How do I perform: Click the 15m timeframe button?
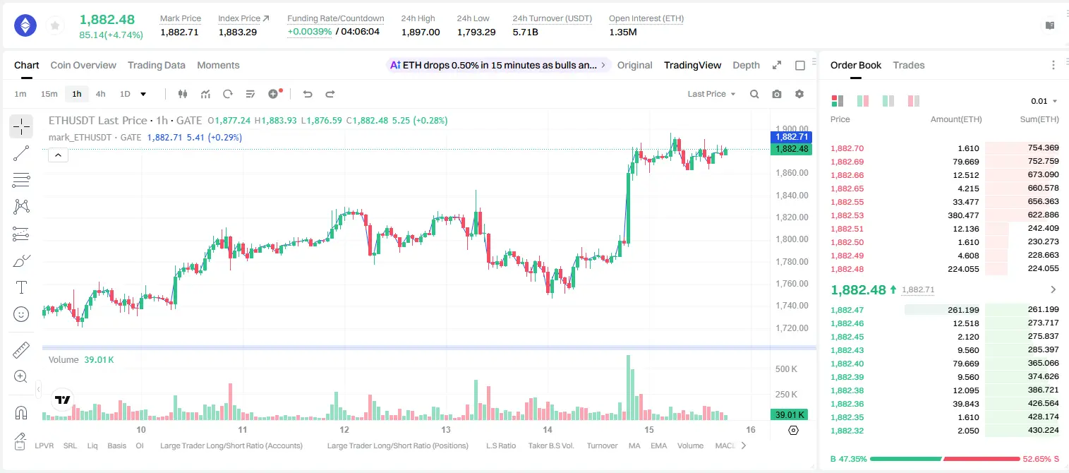click(49, 94)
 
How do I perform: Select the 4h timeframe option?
click(100, 94)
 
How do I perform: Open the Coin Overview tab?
click(83, 65)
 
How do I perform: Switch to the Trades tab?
click(909, 65)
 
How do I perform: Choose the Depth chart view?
click(746, 65)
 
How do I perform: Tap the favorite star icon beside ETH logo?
click(55, 25)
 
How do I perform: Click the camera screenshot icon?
click(777, 94)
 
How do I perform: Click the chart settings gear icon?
click(799, 94)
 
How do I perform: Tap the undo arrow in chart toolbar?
click(308, 94)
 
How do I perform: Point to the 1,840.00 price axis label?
click(792, 196)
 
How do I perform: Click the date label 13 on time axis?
click(446, 429)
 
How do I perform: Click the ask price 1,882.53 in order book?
click(847, 215)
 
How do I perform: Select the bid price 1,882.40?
click(847, 364)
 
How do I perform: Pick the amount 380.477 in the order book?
click(963, 215)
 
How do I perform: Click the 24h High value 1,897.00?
click(421, 32)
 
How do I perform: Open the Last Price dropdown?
click(711, 94)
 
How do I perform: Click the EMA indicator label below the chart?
click(658, 445)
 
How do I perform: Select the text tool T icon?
click(21, 287)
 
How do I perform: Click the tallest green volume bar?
click(629, 388)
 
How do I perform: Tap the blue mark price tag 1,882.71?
click(791, 137)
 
